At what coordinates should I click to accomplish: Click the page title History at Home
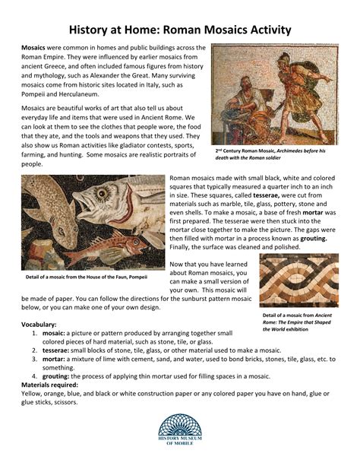180,30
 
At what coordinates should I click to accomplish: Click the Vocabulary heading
42,325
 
